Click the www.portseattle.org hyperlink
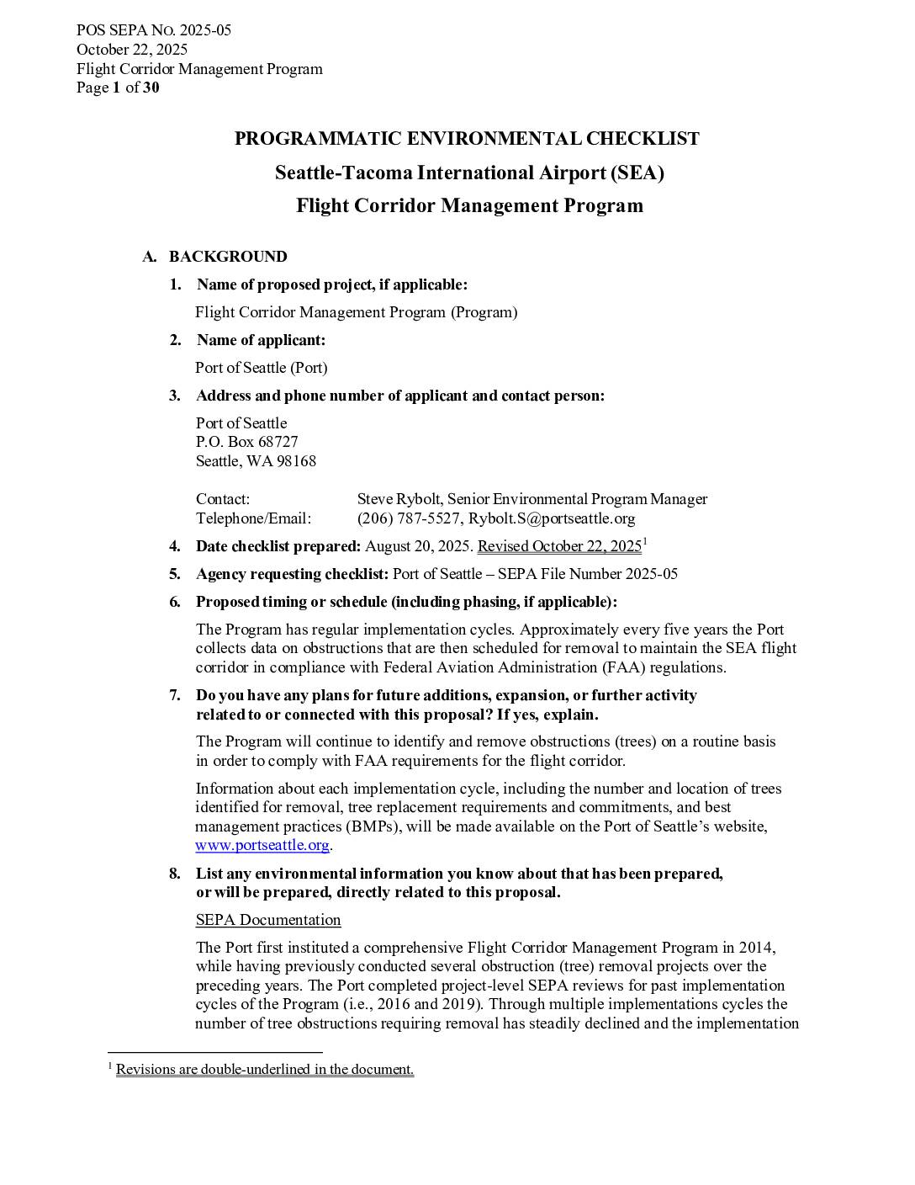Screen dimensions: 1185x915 click(262, 845)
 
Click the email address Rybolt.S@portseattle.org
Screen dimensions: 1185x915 click(552, 518)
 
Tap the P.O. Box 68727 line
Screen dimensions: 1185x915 click(246, 442)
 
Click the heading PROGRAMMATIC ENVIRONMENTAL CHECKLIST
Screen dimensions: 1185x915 click(467, 139)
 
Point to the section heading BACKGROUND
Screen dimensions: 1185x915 click(228, 257)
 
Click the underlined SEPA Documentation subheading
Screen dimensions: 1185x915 click(268, 920)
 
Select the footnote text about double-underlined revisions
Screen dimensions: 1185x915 click(265, 1070)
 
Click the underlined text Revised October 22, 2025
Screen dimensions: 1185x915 click(559, 546)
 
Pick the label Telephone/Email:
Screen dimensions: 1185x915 click(253, 518)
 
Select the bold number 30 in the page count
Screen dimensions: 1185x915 click(151, 88)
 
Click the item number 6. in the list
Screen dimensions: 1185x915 click(175, 602)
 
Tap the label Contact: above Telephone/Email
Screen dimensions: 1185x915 click(223, 499)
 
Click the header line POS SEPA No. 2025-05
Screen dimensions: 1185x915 click(154, 31)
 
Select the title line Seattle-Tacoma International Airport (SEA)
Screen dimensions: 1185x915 click(469, 173)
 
